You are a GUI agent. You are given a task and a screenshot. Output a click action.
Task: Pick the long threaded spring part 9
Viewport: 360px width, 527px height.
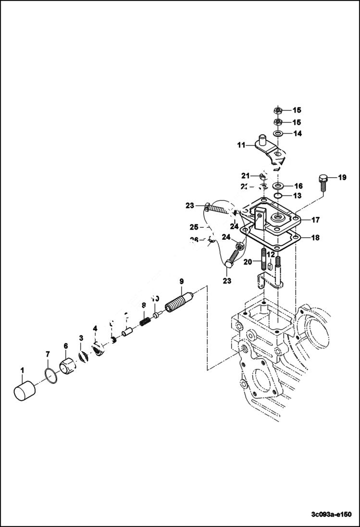pyautogui.click(x=179, y=304)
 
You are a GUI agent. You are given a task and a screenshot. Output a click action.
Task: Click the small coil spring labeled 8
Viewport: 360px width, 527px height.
pyautogui.click(x=144, y=319)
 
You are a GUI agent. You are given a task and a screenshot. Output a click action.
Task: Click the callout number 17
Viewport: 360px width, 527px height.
pyautogui.click(x=315, y=220)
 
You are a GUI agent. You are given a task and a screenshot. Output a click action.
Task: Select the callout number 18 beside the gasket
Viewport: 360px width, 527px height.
pyautogui.click(x=315, y=237)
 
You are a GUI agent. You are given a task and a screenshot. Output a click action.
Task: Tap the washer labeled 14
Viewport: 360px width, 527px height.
pyautogui.click(x=279, y=134)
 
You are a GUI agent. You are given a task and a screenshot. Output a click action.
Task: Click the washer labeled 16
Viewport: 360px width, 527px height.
pyautogui.click(x=279, y=185)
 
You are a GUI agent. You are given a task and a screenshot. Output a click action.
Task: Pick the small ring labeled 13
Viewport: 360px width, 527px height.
pyautogui.click(x=279, y=196)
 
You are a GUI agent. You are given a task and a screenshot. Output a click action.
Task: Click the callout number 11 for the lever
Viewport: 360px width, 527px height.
pyautogui.click(x=241, y=145)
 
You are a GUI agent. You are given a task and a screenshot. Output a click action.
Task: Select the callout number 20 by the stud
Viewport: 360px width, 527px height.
pyautogui.click(x=248, y=262)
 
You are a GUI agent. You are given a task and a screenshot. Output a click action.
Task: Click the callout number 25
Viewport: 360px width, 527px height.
pyautogui.click(x=194, y=226)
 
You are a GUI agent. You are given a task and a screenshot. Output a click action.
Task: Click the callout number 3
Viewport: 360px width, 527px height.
pyautogui.click(x=81, y=338)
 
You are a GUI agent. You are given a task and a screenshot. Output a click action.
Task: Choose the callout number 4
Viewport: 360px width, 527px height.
pyautogui.click(x=95, y=329)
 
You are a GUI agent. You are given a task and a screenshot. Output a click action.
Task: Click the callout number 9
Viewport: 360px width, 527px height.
pyautogui.click(x=181, y=281)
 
